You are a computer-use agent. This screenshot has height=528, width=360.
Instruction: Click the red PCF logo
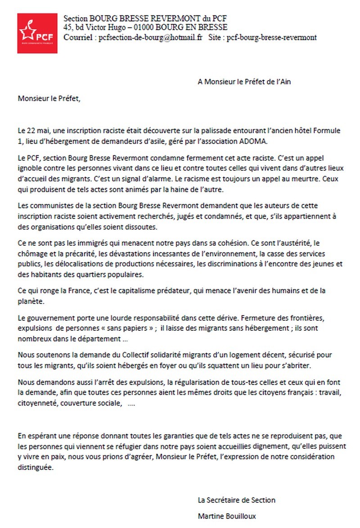37,33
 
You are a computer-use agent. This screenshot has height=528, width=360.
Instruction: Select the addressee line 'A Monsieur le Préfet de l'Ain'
247,81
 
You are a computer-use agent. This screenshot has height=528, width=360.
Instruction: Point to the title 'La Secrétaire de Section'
236,500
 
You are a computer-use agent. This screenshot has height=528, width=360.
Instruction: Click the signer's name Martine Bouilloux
227,516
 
